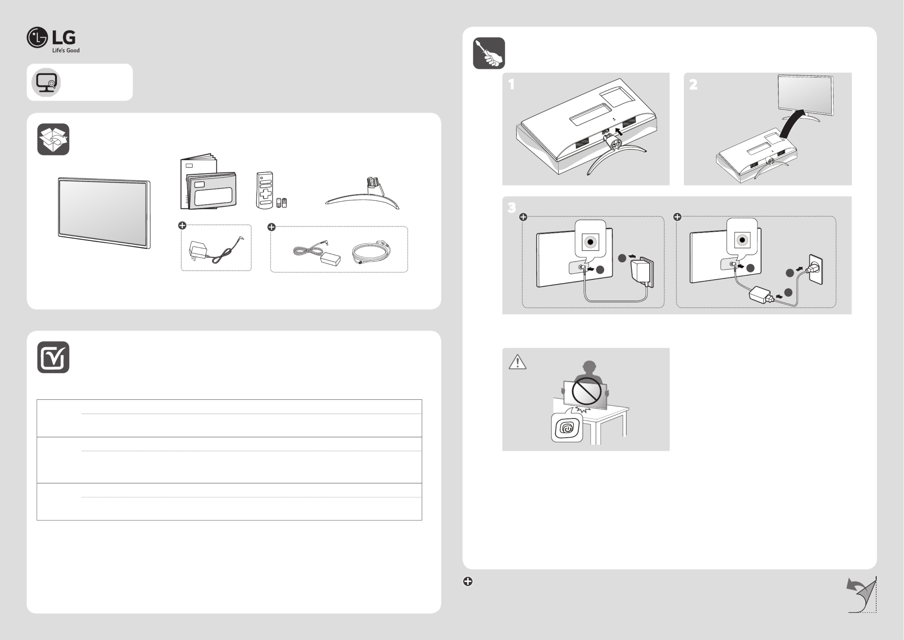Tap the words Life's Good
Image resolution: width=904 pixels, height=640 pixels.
coord(66,50)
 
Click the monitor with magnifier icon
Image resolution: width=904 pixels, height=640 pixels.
coord(46,82)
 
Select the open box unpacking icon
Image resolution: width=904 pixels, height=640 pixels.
coord(53,139)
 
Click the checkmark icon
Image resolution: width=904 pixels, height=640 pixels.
coord(53,357)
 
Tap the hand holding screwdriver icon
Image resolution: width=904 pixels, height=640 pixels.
coord(489,53)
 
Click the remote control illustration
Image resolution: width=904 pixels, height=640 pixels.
coord(265,190)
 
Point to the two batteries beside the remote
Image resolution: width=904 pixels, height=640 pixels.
coord(281,203)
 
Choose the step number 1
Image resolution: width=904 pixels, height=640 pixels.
coord(511,84)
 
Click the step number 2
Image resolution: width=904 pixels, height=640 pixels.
coord(693,84)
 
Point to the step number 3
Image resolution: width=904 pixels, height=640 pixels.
coord(512,208)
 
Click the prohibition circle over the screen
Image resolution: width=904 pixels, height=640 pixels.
coord(586,391)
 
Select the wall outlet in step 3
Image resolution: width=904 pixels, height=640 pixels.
coord(816,269)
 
